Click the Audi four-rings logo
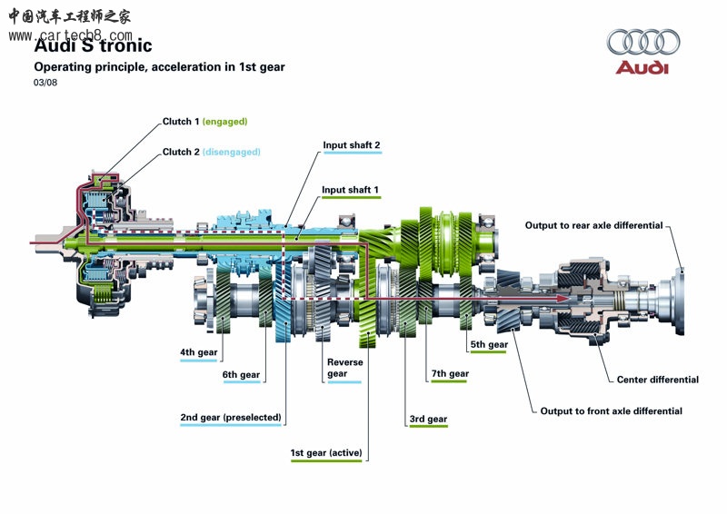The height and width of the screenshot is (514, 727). [x=643, y=42]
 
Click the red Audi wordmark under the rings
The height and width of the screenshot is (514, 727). [x=642, y=68]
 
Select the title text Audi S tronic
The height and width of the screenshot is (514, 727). [x=93, y=45]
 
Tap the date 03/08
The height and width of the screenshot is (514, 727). [x=45, y=83]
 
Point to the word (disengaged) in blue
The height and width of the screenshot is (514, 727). [x=231, y=152]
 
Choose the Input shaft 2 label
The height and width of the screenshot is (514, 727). [x=352, y=145]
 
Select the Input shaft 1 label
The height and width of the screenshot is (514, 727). [x=351, y=190]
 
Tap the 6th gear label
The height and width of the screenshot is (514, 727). [x=241, y=374]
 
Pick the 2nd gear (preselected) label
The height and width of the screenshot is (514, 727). [x=231, y=418]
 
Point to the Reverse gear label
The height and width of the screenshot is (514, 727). [x=344, y=368]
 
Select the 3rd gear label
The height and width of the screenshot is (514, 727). [x=428, y=420]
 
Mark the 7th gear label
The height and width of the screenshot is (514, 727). [x=450, y=373]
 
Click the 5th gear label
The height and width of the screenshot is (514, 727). [x=489, y=344]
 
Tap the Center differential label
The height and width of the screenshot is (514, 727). [x=658, y=380]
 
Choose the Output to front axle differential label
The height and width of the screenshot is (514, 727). [x=611, y=411]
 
